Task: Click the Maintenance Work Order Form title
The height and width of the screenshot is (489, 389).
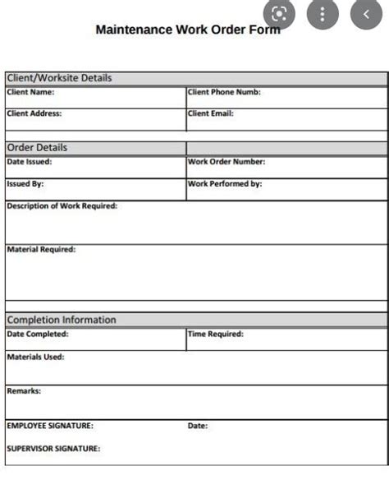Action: (x=187, y=30)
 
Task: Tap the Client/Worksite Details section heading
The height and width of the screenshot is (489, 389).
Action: (x=59, y=78)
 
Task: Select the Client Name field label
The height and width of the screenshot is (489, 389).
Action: (x=30, y=92)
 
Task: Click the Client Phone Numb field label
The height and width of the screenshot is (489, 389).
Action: (x=224, y=92)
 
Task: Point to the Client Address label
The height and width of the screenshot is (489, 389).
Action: (x=34, y=113)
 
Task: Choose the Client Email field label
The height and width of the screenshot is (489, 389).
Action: (x=211, y=113)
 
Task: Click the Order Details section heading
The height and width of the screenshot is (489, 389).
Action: (x=37, y=148)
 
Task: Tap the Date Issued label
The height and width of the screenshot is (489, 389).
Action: (x=30, y=162)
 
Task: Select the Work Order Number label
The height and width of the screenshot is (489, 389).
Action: (x=227, y=162)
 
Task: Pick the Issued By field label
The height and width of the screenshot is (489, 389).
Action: (x=25, y=184)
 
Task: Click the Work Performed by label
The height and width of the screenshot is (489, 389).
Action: (x=225, y=184)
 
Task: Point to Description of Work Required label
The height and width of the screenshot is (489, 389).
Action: (x=62, y=206)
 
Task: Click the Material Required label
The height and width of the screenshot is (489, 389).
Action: (x=41, y=249)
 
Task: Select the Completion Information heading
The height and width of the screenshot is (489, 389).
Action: (x=62, y=320)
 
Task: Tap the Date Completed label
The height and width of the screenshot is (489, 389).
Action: (x=38, y=334)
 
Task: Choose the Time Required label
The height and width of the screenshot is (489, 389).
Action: (x=216, y=334)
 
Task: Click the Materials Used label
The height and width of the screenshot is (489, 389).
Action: (x=35, y=357)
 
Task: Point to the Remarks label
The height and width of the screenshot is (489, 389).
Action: (x=24, y=392)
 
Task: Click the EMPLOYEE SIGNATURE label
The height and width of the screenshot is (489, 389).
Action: (x=50, y=426)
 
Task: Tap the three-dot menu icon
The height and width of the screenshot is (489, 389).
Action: (x=323, y=14)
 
